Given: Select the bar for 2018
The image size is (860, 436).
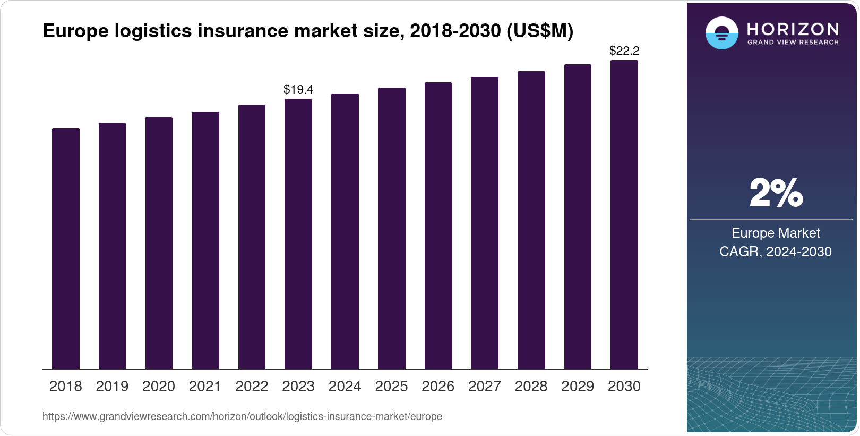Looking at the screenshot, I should [x=66, y=248].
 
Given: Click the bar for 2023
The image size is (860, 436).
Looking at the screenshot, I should [x=298, y=234].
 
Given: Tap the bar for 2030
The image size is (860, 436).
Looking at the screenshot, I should [x=624, y=214].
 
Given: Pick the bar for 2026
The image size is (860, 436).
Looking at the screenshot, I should [x=438, y=225].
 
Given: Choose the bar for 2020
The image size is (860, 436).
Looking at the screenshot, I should [x=159, y=243].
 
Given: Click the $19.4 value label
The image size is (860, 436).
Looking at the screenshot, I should [x=298, y=89].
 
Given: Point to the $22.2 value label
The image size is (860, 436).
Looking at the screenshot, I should [x=624, y=51].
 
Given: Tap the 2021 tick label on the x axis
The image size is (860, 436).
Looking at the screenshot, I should [x=205, y=386].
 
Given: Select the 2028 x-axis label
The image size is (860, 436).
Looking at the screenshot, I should [x=531, y=386].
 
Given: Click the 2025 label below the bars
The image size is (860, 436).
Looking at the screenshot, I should [x=391, y=386].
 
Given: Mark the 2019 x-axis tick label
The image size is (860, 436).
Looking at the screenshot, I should [x=112, y=386].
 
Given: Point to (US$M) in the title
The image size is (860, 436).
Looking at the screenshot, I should [x=540, y=31].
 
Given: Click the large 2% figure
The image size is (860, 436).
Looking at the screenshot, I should [x=776, y=193].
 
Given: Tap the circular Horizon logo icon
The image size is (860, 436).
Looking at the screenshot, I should [x=721, y=33].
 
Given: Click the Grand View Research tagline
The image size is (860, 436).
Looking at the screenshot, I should [x=793, y=42].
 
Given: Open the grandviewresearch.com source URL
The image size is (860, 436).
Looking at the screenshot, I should [x=242, y=416].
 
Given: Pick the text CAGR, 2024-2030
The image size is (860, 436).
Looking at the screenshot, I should [x=776, y=251].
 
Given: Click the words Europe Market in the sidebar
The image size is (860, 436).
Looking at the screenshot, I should [x=776, y=233].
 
